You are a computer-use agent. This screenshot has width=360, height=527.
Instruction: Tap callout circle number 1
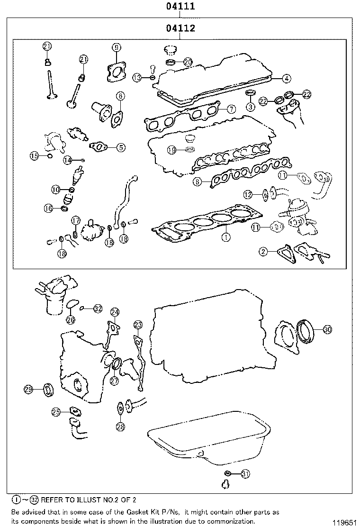pyautogui.click(x=226, y=237)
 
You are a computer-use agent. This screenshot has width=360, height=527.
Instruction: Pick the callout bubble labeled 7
pyautogui.click(x=231, y=109)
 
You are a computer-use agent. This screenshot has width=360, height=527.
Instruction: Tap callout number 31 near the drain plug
pyautogui.click(x=244, y=473)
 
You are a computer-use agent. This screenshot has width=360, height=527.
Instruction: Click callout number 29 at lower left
pyautogui.click(x=28, y=390)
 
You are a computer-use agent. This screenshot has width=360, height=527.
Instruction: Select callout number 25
pyautogui.click(x=56, y=412)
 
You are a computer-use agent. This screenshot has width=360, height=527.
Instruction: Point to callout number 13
pyautogui.click(x=137, y=77)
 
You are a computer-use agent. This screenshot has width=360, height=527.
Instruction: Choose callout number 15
pyautogui.click(x=34, y=156)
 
